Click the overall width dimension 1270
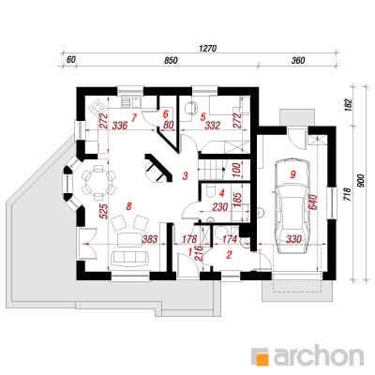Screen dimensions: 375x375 (x=207, y=49)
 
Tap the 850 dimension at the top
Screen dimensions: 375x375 (x=171, y=61)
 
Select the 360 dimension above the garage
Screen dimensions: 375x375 (x=298, y=61)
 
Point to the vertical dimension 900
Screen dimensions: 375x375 (x=361, y=181)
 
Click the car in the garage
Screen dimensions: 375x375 (x=292, y=206)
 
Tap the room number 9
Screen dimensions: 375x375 (x=292, y=175)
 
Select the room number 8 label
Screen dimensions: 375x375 (x=129, y=206)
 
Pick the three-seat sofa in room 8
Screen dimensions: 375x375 (x=129, y=257)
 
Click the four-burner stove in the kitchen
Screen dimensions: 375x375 (x=97, y=106)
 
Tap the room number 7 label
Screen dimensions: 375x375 (x=134, y=118)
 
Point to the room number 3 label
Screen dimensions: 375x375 (x=186, y=176)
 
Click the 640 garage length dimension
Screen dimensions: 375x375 (x=314, y=203)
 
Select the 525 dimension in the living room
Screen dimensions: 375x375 (x=104, y=213)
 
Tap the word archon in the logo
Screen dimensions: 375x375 (x=319, y=356)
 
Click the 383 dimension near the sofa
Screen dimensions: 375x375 (x=149, y=239)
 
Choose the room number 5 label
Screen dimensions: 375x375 (x=202, y=117)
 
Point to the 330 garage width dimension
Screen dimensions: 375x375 (x=293, y=239)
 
